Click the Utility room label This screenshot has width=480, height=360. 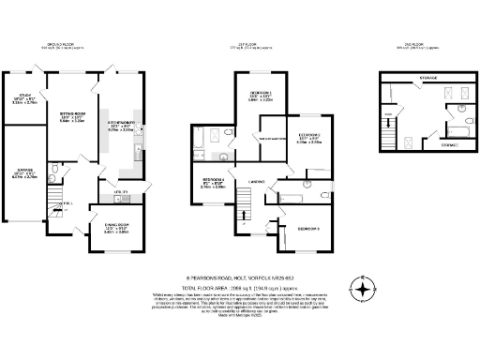119,192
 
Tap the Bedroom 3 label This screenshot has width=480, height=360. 308,229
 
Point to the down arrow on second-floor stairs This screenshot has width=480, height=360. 390,119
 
